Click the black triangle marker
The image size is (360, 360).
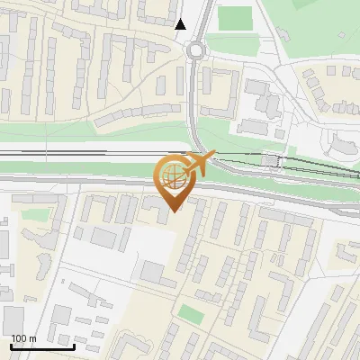pos(181,24)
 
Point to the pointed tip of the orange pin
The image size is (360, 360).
pos(172,211)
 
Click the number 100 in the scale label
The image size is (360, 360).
pos(19,338)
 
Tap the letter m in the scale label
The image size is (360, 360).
pos(32,338)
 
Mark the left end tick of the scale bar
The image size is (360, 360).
pos(11,345)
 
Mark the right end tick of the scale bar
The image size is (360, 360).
pos(74,345)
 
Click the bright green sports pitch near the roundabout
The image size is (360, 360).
pos(235,17)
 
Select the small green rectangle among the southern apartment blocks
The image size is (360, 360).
pos(190,313)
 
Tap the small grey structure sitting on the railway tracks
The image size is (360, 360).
pos(271,159)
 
